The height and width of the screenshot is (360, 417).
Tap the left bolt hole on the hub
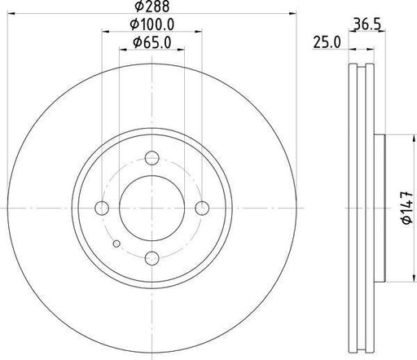click(102, 209)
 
